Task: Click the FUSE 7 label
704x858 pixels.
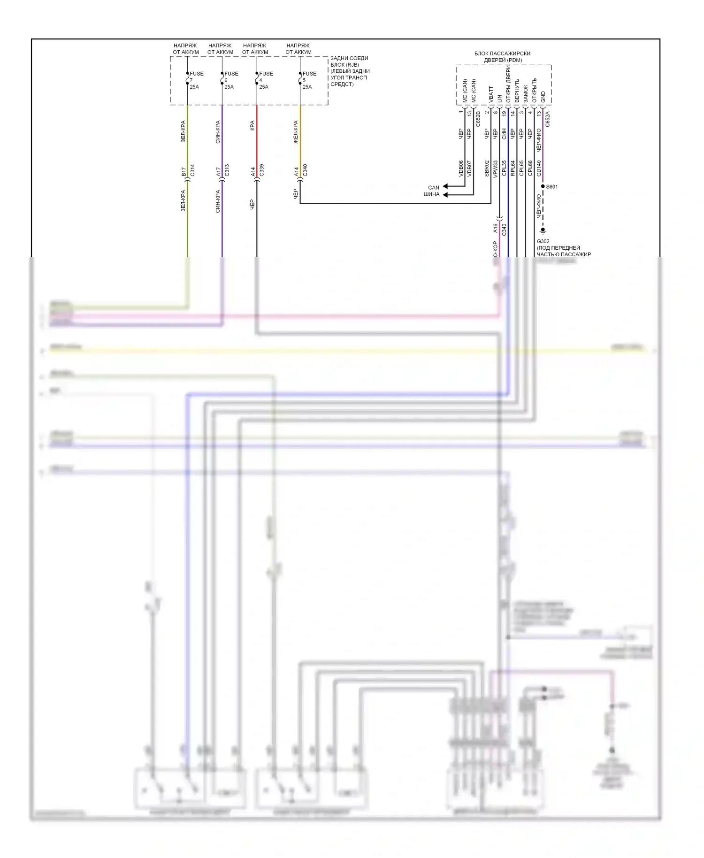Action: [196, 74]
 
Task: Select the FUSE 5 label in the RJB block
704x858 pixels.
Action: [309, 74]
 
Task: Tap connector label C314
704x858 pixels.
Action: [192, 170]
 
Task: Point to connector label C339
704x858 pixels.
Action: [261, 170]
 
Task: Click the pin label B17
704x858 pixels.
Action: [184, 172]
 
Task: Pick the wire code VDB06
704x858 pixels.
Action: [461, 168]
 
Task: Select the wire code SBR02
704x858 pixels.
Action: [487, 168]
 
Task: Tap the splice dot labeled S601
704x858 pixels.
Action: [543, 186]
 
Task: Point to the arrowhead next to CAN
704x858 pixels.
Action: [445, 187]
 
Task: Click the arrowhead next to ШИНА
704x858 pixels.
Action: [445, 194]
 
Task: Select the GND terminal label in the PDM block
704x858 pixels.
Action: [543, 97]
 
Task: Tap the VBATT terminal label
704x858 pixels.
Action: [491, 94]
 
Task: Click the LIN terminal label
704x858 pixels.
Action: [500, 98]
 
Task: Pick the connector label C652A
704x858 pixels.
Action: [548, 119]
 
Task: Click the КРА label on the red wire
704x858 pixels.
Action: [253, 125]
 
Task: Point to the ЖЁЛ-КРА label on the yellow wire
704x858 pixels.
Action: [296, 132]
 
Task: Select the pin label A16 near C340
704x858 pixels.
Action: [495, 228]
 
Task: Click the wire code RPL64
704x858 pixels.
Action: [513, 168]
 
